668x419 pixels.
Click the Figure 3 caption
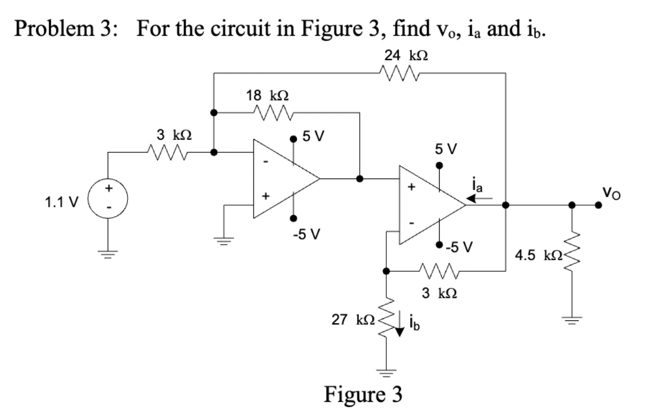363,394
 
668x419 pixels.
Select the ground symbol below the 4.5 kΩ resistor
572,319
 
